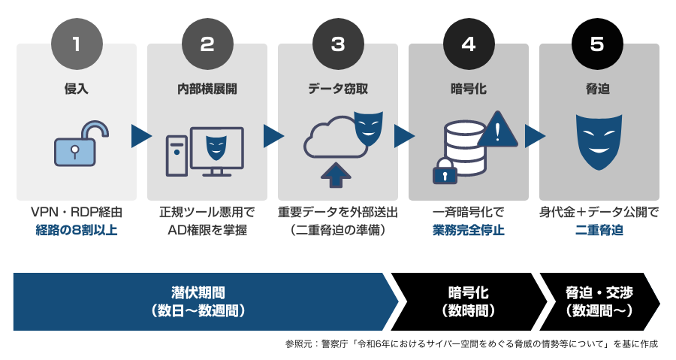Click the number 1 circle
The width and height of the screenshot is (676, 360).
[76, 43]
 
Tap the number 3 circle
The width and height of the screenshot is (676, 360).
[338, 43]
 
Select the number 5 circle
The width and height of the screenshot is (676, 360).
[597, 43]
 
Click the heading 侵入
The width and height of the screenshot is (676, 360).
[76, 89]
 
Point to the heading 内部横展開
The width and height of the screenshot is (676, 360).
[207, 89]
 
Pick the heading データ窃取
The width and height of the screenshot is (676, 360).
[338, 89]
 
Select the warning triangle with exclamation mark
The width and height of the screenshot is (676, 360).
[496, 129]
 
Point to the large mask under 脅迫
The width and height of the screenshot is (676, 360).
[598, 141]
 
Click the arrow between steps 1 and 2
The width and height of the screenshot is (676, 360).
[141, 136]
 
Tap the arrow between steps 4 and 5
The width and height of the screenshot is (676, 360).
[534, 136]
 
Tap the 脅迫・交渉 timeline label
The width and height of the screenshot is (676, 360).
[599, 292]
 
